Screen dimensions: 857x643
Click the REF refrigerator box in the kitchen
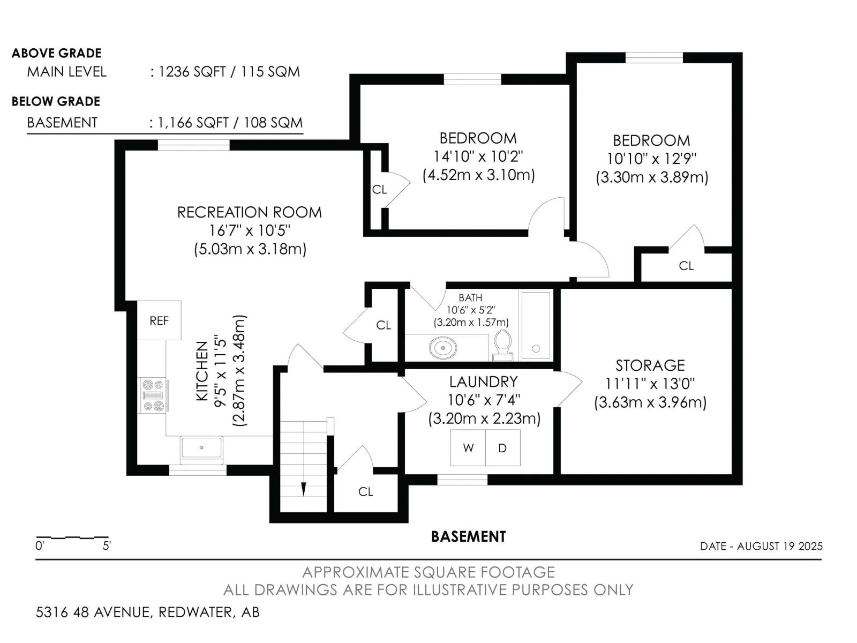[159, 320]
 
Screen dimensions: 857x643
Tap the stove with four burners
[153, 395]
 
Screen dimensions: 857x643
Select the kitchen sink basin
[201, 448]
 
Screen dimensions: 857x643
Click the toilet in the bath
[502, 346]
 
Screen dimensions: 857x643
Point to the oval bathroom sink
[443, 347]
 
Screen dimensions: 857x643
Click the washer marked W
[468, 448]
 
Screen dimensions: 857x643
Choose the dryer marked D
[503, 448]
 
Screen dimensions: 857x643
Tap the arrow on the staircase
[303, 488]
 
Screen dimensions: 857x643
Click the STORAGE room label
[650, 365]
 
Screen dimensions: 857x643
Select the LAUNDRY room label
[483, 382]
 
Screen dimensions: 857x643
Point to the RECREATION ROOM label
[250, 212]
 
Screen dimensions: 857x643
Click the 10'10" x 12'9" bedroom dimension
[652, 159]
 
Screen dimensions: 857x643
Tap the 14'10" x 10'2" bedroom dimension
[478, 156]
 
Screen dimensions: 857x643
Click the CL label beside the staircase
[365, 492]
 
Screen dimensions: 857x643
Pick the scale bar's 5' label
[107, 546]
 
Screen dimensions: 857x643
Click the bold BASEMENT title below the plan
[468, 536]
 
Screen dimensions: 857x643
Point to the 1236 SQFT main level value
[192, 72]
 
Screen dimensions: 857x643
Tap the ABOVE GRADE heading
[57, 53]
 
